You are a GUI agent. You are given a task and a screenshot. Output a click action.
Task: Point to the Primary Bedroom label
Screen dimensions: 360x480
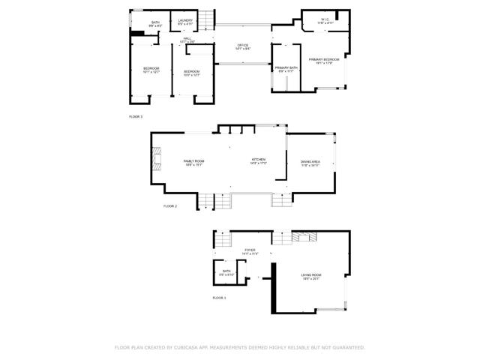pos(325,61)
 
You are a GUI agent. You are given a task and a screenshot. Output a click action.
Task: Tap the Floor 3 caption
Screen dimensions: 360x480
pos(136,117)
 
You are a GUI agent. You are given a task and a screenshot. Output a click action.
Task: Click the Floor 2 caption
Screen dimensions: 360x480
pos(170,205)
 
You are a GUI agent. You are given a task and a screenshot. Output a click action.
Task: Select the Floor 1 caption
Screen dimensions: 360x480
pos(219,298)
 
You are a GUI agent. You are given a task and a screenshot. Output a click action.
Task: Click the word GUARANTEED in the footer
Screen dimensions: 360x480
pos(347,347)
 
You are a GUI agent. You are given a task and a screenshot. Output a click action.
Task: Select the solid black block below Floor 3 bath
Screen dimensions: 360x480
pos(138,33)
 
